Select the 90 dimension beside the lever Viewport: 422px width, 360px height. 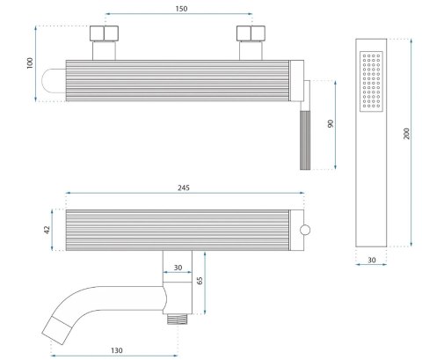pos(330,124)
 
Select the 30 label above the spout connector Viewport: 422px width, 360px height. pos(178,268)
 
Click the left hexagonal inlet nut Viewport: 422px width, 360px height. pos(105,36)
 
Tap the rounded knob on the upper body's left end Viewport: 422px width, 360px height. pos(55,83)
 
